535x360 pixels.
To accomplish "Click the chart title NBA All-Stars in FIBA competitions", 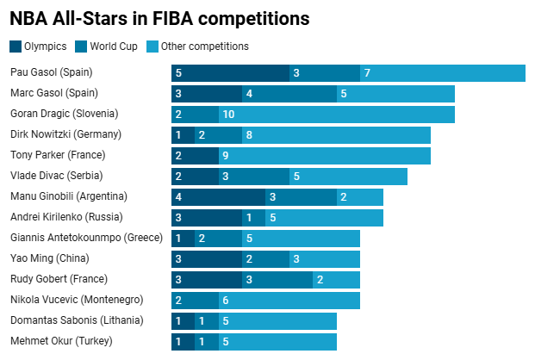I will click(159, 17).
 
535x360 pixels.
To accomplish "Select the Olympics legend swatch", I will click(16, 47).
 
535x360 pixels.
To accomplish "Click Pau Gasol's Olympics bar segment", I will click(230, 73).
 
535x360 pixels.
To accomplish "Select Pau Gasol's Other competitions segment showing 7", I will click(443, 73).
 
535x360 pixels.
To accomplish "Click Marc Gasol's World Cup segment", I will click(289, 94).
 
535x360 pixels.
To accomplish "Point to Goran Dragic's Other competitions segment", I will click(337, 115).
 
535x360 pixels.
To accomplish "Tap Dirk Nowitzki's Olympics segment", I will click(183, 135).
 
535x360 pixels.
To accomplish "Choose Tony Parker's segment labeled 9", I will click(325, 156).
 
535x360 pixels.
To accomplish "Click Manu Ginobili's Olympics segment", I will click(218, 197).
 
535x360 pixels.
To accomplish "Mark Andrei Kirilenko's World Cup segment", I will click(253, 218).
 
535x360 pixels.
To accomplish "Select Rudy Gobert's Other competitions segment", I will click(336, 280).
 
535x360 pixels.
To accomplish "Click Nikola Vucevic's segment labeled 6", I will click(289, 301).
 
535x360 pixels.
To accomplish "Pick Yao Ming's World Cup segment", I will click(265, 259).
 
